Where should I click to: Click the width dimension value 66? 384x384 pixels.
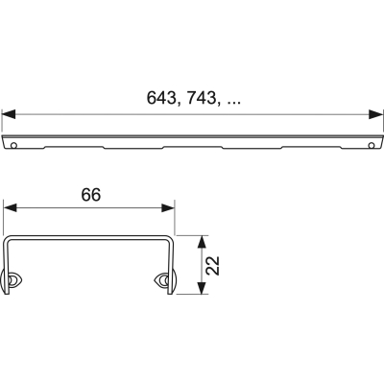click(89, 193)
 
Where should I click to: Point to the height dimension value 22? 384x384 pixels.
click(216, 259)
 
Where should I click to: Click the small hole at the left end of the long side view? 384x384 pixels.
click(16, 145)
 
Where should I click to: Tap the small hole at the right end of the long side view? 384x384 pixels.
click(371, 145)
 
